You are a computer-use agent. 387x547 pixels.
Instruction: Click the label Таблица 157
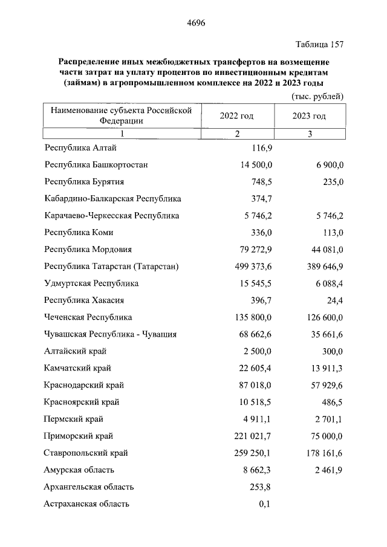[x=319, y=45]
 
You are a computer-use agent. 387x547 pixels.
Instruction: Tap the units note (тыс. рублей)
[x=317, y=96]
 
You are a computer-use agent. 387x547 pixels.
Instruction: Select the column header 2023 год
[x=308, y=116]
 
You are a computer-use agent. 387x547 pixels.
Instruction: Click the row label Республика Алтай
[x=80, y=147]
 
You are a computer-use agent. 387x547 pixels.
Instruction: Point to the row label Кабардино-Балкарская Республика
[x=113, y=198]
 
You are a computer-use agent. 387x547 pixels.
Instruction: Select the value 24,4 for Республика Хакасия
[x=334, y=300]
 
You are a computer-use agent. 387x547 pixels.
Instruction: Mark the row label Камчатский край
[x=78, y=367]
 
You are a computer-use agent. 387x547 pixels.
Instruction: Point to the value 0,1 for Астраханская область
[x=264, y=503]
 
